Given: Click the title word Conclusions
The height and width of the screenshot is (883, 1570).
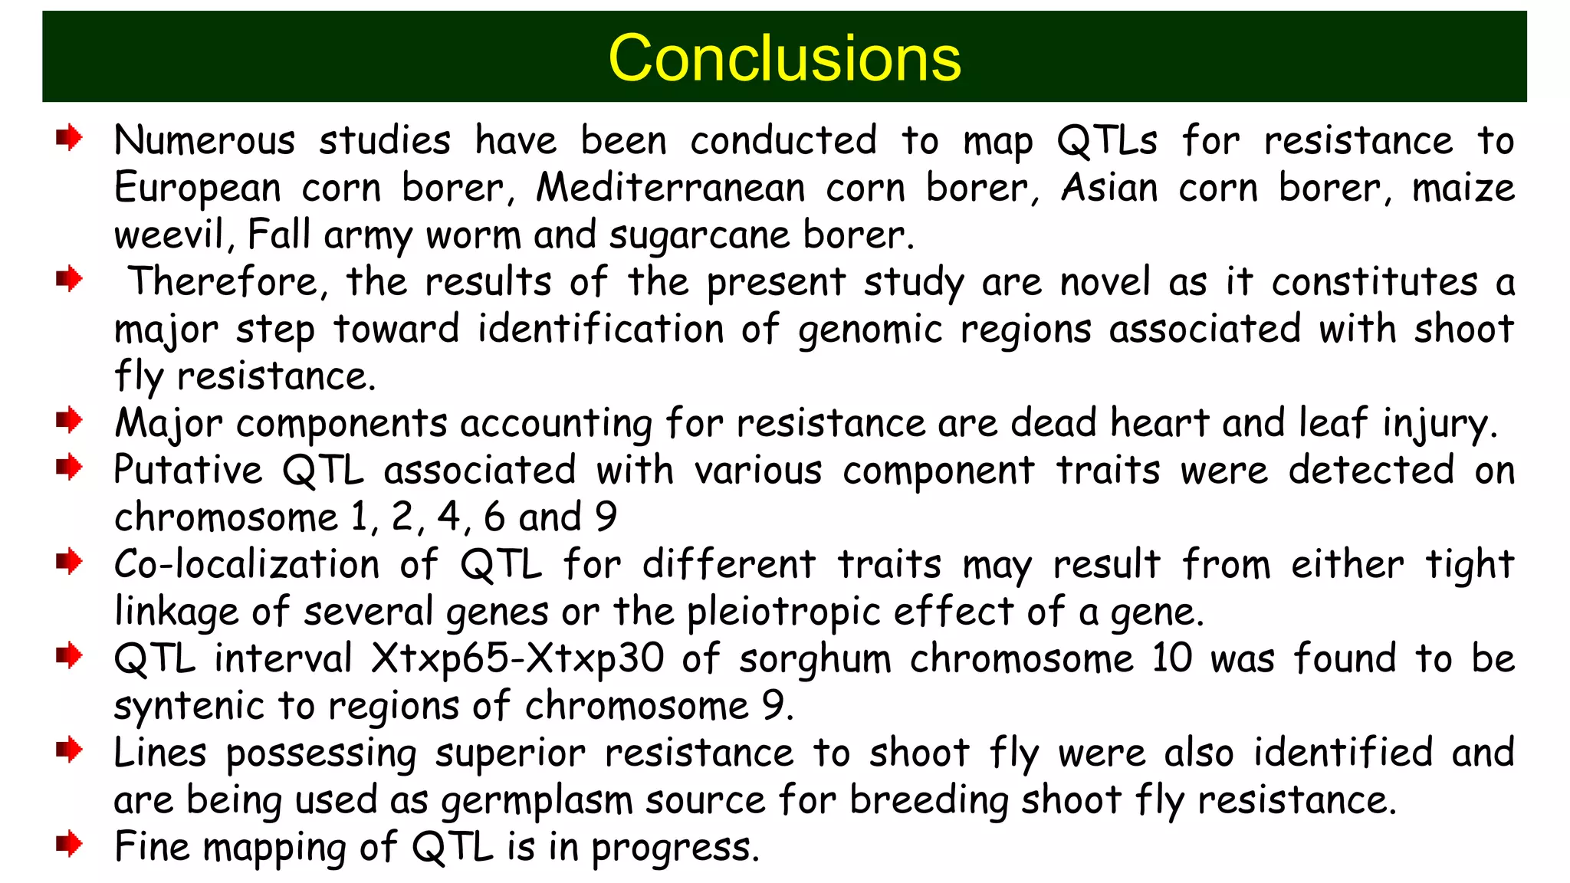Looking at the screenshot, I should [x=783, y=58].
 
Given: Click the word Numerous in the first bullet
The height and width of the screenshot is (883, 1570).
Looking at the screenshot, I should [x=205, y=141].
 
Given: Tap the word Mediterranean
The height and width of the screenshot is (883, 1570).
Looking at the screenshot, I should [x=671, y=188].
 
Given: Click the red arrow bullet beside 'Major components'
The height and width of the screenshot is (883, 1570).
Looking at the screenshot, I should [x=69, y=420].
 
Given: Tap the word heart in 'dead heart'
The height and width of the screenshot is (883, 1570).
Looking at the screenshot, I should [x=1158, y=423].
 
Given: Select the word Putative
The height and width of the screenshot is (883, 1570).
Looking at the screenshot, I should [x=188, y=470].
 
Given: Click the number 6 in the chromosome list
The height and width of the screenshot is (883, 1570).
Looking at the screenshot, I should [x=494, y=517].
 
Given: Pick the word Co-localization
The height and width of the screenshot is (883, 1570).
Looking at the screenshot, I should [x=247, y=565].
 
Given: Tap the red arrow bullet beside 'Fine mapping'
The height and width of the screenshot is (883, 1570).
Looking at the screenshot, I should [x=69, y=845].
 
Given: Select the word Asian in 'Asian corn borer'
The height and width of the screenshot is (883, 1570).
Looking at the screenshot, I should [x=1109, y=188].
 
